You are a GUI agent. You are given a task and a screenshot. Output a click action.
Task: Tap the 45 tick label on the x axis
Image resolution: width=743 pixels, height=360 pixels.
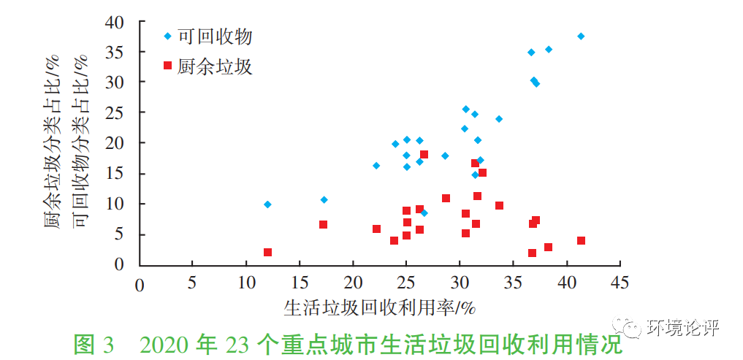620,283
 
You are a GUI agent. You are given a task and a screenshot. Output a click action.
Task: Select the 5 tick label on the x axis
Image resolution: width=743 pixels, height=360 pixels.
192,283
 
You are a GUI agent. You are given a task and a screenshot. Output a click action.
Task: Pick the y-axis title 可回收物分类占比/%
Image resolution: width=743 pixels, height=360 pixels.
81,142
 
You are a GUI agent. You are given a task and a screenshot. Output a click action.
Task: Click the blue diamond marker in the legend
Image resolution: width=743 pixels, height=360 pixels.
167,36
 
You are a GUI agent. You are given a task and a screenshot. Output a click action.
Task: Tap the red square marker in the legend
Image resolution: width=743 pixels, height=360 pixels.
167,66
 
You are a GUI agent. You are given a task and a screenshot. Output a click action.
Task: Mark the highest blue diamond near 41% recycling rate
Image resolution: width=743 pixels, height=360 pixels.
581,36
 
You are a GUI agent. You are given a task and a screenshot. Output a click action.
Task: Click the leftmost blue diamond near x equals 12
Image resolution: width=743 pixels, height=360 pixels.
267,204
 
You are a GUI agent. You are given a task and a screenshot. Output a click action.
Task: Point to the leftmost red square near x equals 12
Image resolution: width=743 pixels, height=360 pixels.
267,252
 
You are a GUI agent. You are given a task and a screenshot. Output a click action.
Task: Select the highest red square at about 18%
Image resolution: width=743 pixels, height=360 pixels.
424,154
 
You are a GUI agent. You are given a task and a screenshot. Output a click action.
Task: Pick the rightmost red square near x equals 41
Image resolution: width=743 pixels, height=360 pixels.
581,240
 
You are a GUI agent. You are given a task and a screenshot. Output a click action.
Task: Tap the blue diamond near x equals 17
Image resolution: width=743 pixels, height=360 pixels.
324,199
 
